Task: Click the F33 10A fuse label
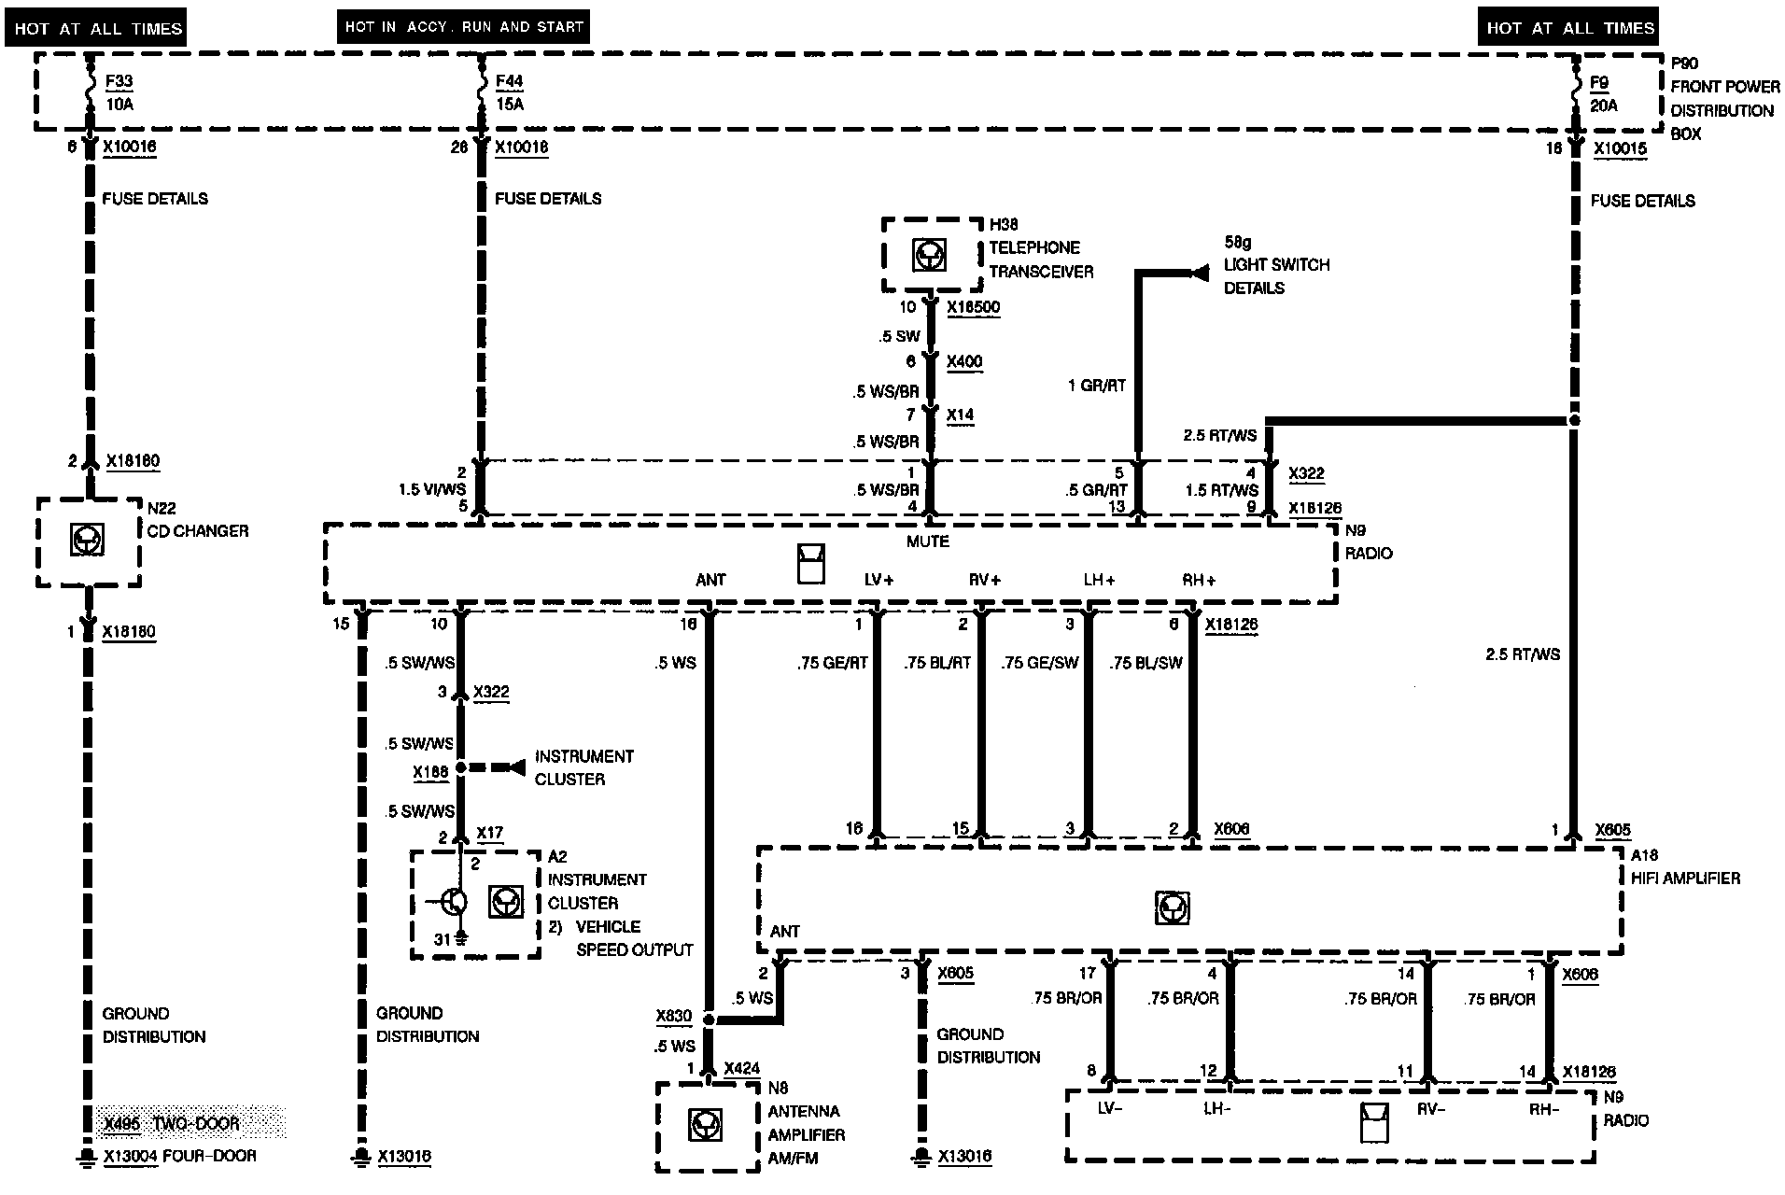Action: [x=119, y=92]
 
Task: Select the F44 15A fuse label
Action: [x=510, y=92]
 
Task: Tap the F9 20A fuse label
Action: [x=1604, y=93]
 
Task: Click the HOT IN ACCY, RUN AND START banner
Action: [x=464, y=27]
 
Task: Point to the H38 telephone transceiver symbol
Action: [x=929, y=255]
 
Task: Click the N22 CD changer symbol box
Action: [x=88, y=540]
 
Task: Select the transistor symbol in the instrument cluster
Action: [x=454, y=902]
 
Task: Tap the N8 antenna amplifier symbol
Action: [x=705, y=1125]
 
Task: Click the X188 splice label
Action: [x=430, y=772]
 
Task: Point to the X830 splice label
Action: [x=674, y=1017]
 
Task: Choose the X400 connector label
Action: [x=964, y=361]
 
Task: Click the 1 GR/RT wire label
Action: [x=1097, y=386]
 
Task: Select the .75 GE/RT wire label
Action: [x=833, y=663]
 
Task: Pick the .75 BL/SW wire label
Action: [x=1145, y=663]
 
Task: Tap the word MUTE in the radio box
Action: [x=927, y=541]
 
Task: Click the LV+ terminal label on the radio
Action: [x=878, y=580]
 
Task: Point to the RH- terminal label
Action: [x=1544, y=1109]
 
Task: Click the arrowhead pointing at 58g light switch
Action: [x=1200, y=273]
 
